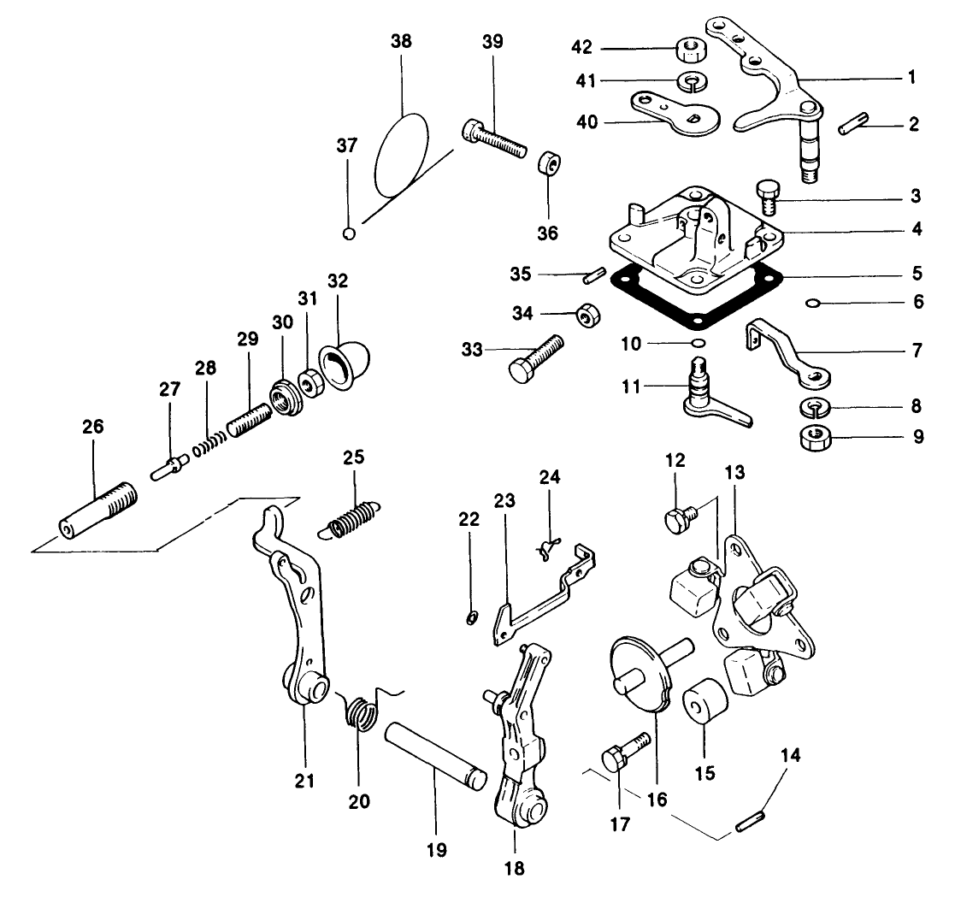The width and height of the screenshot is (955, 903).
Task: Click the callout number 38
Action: click(401, 40)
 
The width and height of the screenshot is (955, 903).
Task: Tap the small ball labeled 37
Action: click(348, 233)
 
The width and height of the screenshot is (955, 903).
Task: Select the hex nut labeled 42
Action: click(689, 50)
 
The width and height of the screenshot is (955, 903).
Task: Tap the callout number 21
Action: click(305, 780)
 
